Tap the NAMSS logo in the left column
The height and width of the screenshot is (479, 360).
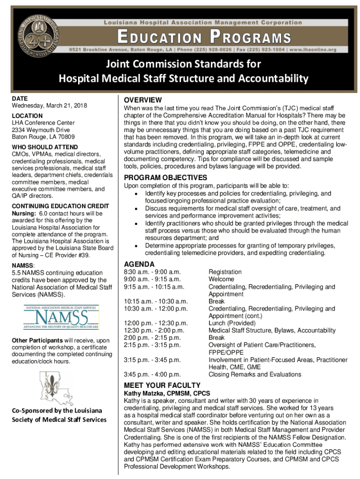pos(61,317)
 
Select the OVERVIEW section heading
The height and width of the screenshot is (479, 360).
pos(143,100)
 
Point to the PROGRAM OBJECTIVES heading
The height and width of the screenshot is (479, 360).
pos(165,178)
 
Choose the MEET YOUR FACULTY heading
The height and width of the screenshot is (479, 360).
pos(162,385)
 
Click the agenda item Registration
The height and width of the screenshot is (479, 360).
pos(225,272)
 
